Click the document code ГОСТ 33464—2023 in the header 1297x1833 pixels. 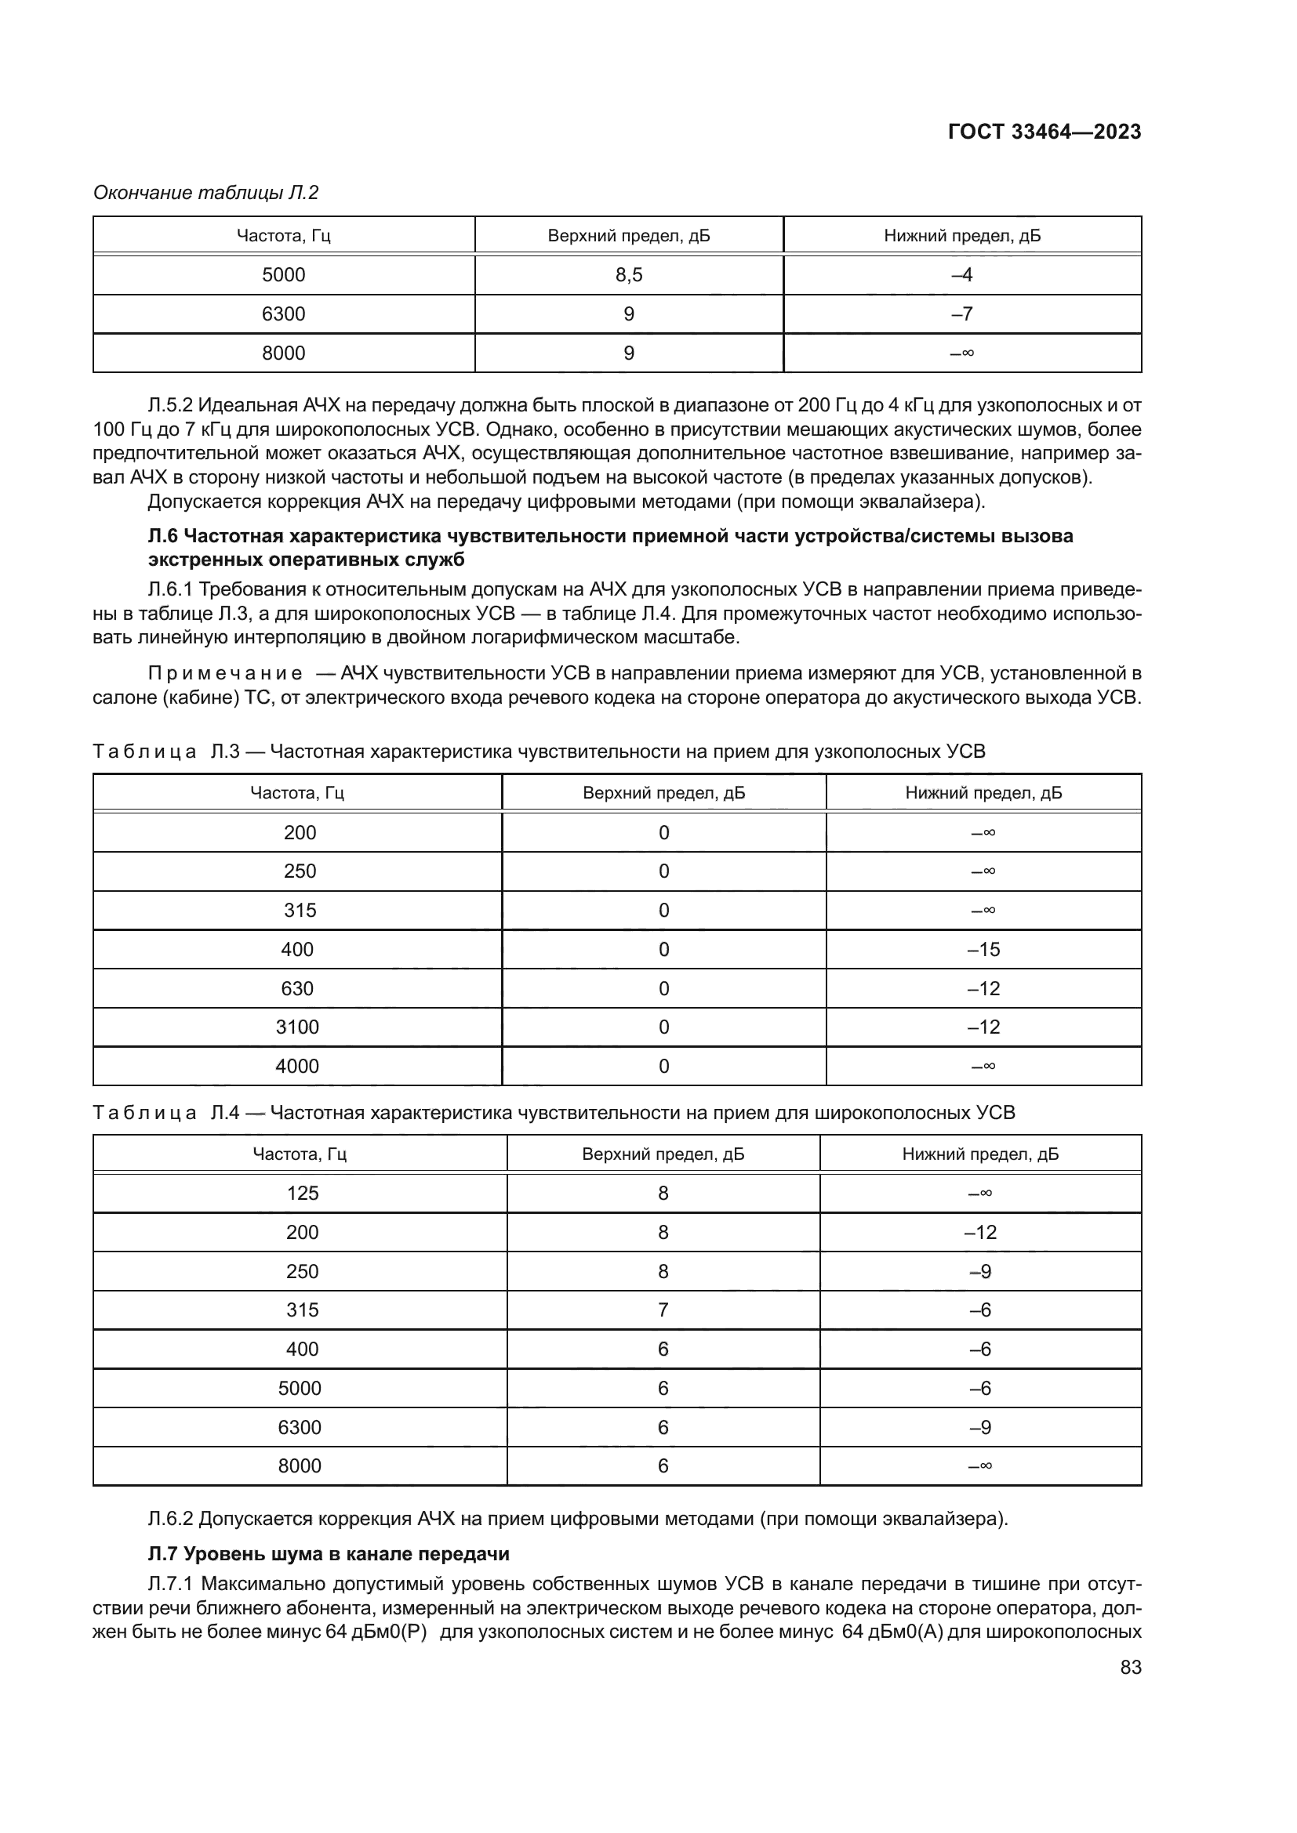click(1044, 132)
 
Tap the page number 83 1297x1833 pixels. click(1130, 1667)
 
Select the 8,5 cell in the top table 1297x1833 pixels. click(629, 275)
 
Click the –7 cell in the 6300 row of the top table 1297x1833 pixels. click(961, 313)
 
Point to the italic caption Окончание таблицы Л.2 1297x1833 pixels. click(206, 193)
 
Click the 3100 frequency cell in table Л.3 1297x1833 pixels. click(297, 1027)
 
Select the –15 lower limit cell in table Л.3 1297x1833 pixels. click(983, 949)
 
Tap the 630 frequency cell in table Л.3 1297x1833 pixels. click(297, 988)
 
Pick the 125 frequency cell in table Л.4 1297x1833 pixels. click(302, 1193)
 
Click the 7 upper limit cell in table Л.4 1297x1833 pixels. click(663, 1310)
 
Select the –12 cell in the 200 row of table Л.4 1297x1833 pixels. click(980, 1232)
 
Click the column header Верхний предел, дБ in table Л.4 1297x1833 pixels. click(663, 1154)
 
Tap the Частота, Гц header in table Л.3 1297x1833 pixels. click(297, 793)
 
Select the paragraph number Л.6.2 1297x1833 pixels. click(170, 1518)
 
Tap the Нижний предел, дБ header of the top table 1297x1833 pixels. click(961, 236)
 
